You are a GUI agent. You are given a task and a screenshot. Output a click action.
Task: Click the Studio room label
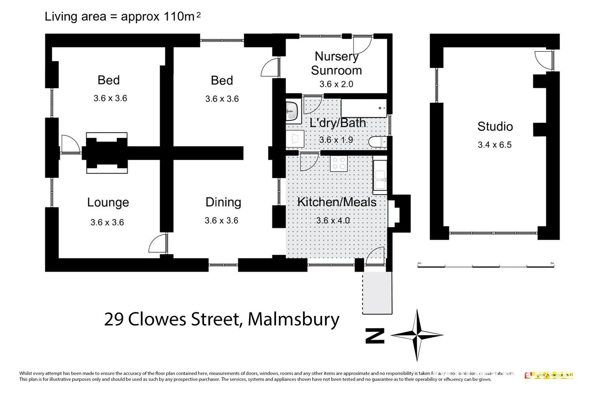(x=495, y=126)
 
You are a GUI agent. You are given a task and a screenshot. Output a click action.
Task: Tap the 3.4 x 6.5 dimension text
(x=494, y=145)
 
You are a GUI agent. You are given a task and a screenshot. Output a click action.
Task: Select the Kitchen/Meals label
(x=336, y=202)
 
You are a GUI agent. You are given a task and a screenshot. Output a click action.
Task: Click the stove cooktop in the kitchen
(x=339, y=163)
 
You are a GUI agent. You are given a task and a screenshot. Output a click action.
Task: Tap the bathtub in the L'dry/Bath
(x=363, y=108)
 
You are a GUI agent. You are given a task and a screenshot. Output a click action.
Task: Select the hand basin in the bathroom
(x=293, y=110)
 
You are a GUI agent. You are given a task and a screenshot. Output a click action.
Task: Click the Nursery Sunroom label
(x=336, y=63)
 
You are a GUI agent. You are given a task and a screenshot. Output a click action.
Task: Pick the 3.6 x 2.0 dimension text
(x=336, y=84)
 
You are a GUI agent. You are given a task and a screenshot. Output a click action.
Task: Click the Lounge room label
(x=108, y=202)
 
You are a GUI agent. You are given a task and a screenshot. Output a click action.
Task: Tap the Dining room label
(x=223, y=202)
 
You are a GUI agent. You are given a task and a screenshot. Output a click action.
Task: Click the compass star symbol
(x=417, y=335)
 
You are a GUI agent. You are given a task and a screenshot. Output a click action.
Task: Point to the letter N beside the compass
(x=375, y=336)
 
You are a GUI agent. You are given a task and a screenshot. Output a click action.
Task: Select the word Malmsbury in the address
(x=293, y=319)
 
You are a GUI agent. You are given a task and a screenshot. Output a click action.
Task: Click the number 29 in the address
(x=114, y=319)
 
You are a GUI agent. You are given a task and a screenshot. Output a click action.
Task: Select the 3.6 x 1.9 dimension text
(x=336, y=140)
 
